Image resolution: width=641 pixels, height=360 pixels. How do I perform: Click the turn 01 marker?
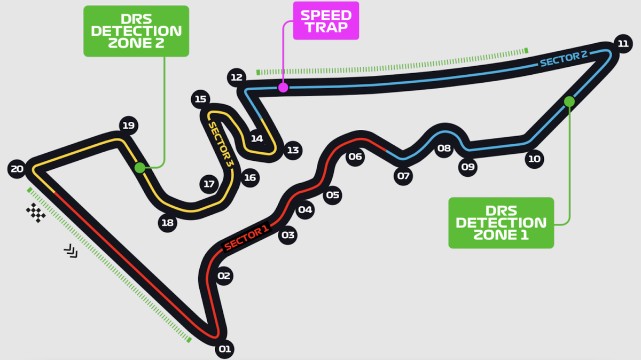coord(224,350)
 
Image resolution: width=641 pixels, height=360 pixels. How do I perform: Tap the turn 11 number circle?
coord(622,44)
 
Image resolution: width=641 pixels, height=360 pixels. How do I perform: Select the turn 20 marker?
coord(17,169)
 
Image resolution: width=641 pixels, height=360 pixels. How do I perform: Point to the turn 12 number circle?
coord(236,77)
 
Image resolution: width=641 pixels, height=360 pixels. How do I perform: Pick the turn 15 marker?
coord(200,99)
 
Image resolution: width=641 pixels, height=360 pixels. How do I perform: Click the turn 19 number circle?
coord(128,126)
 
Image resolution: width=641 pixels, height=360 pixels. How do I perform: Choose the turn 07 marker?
coord(403,176)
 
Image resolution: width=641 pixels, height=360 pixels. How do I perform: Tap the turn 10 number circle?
coord(534,159)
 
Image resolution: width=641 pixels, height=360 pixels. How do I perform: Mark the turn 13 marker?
coord(293,150)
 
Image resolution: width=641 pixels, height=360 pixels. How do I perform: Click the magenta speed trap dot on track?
coord(283,88)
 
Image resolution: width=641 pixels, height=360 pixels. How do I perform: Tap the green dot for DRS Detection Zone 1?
coord(569,101)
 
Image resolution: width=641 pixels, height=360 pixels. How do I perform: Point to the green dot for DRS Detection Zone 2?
coord(139,168)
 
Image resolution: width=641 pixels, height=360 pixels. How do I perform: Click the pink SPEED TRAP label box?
coord(326,20)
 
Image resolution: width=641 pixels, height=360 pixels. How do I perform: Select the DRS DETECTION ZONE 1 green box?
coord(501,223)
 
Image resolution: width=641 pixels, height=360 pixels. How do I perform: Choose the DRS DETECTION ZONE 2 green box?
coord(136,31)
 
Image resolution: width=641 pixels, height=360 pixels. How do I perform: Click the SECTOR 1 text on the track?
coord(246,238)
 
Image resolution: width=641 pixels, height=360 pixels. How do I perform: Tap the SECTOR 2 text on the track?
coord(564,59)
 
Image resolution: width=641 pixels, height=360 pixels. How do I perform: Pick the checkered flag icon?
coord(36,213)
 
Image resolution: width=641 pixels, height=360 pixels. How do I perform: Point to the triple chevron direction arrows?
coord(71,251)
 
